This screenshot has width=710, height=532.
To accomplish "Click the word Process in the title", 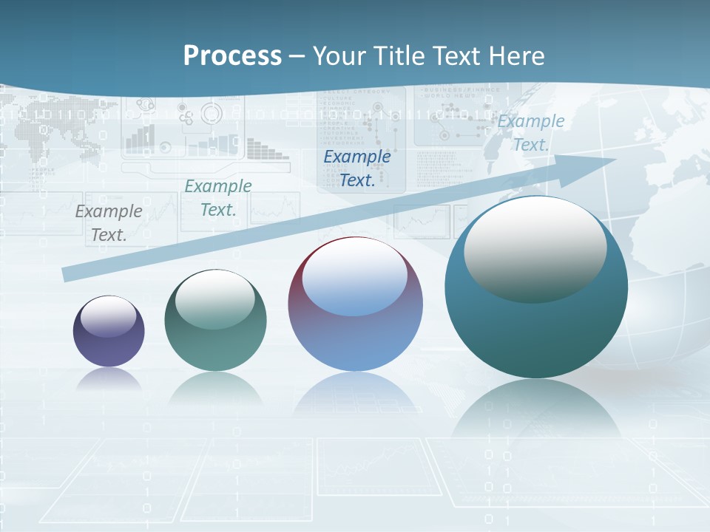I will click(x=232, y=55).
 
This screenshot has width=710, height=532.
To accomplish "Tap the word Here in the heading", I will click(x=515, y=55).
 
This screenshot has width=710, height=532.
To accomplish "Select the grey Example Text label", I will click(x=109, y=223).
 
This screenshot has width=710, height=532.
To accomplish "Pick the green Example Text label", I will click(x=218, y=198).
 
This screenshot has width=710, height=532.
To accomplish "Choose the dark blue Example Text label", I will click(x=357, y=168).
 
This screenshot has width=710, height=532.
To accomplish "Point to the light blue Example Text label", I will click(x=531, y=133).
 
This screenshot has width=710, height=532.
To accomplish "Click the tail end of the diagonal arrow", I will click(x=68, y=274).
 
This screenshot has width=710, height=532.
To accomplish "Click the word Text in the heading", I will click(x=451, y=55).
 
